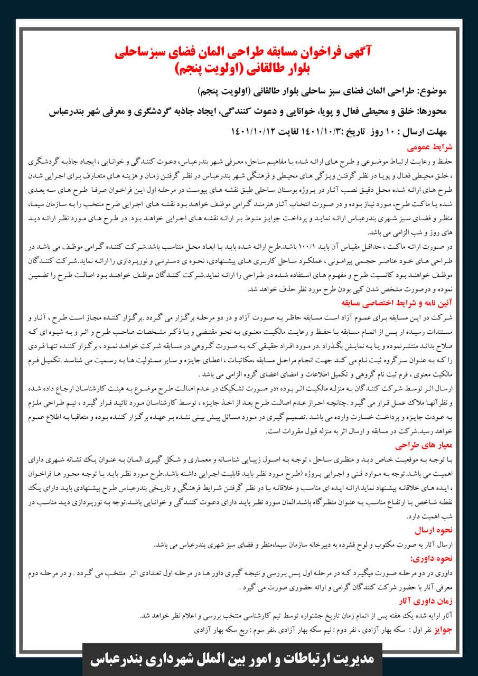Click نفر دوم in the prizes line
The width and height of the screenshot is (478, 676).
tap(332, 631)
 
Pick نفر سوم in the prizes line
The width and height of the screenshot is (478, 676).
tap(247, 631)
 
